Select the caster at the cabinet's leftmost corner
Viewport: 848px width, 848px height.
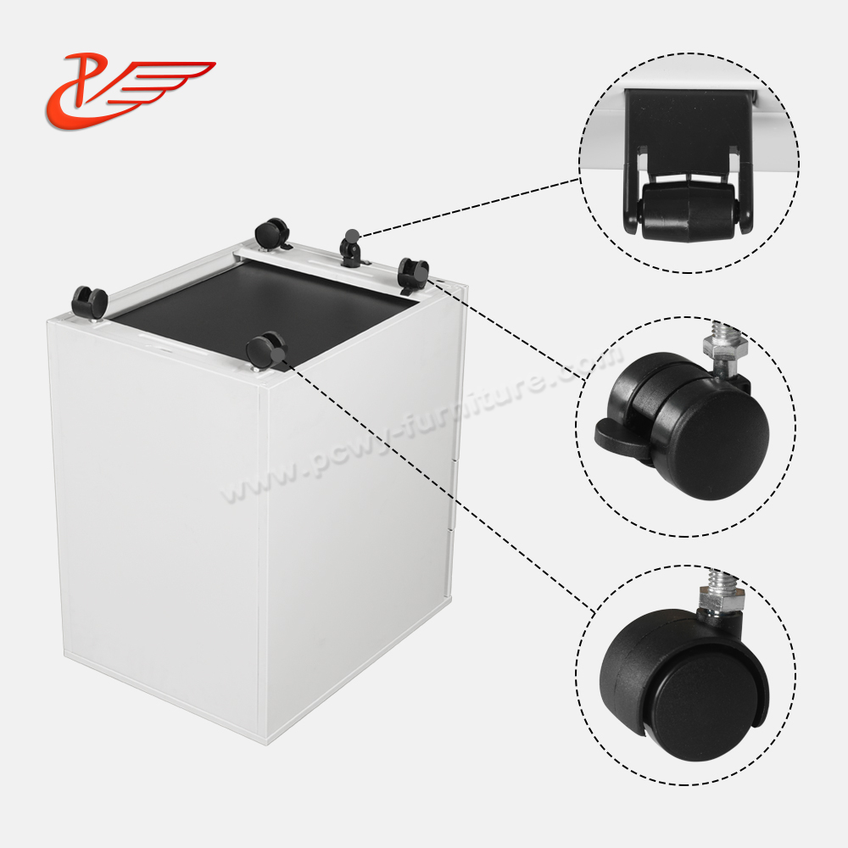[x=88, y=301]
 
